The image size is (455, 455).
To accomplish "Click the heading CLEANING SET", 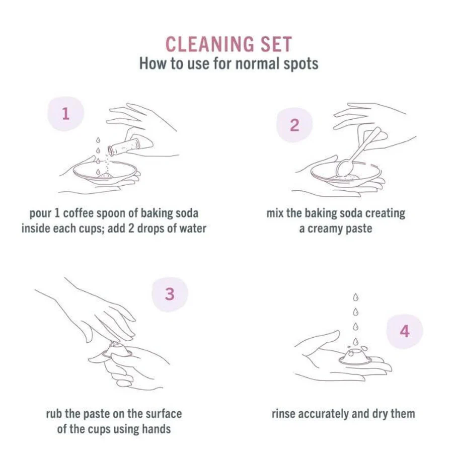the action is tap(229, 44).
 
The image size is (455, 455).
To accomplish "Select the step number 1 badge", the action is tap(66, 114).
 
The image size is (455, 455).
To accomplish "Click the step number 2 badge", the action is tap(294, 125).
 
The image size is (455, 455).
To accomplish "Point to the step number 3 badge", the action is tap(170, 294).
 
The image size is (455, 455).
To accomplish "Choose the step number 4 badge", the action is tap(405, 331).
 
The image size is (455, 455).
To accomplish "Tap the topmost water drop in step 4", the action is tap(356, 297).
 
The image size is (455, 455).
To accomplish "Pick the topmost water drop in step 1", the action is tap(98, 140).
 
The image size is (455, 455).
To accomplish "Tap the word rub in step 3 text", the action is tap(54, 414).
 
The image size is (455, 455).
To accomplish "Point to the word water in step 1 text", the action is tap(193, 229).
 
